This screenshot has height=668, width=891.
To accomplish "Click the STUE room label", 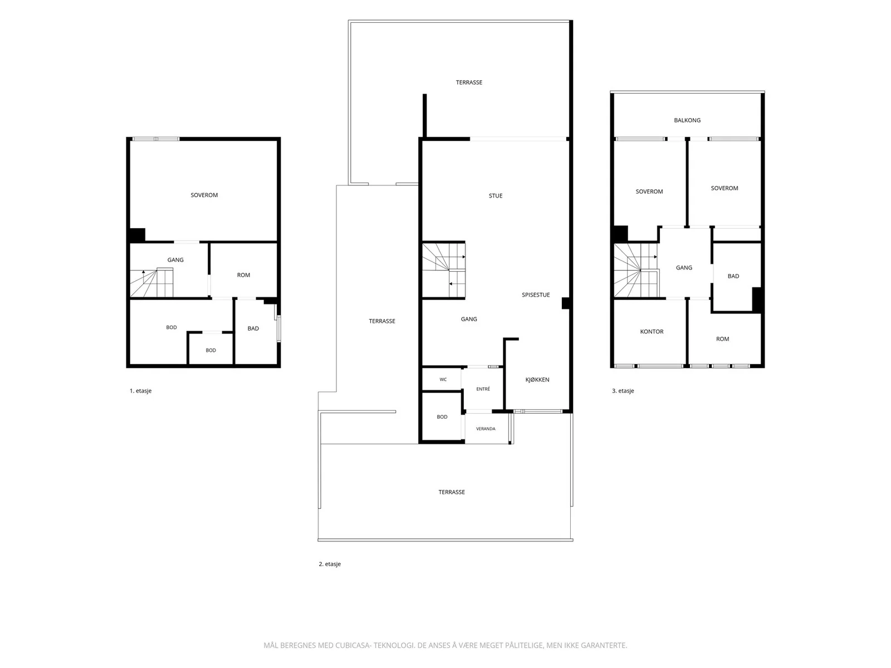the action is pyautogui.click(x=495, y=196).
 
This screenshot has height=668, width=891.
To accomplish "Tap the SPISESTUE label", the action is pyautogui.click(x=535, y=295).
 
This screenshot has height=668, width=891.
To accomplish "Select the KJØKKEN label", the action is pyautogui.click(x=537, y=380).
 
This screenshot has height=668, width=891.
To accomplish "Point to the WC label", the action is pyautogui.click(x=443, y=380).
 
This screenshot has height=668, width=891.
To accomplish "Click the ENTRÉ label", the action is pyautogui.click(x=483, y=389).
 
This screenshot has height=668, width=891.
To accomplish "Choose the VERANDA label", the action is pyautogui.click(x=486, y=429).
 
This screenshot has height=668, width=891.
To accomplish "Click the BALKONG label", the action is pyautogui.click(x=687, y=120).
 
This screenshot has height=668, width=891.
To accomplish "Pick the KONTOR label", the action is pyautogui.click(x=652, y=332).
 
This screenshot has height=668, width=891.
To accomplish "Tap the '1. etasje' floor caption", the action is pyautogui.click(x=140, y=391).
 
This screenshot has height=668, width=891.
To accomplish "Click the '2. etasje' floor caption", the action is pyautogui.click(x=330, y=564).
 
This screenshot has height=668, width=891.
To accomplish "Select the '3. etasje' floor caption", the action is pyautogui.click(x=623, y=391).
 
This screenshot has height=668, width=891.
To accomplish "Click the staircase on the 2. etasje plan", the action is pyautogui.click(x=444, y=270).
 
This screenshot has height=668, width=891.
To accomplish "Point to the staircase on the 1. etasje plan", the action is pyautogui.click(x=151, y=283).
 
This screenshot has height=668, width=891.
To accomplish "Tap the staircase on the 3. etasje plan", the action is pyautogui.click(x=636, y=270).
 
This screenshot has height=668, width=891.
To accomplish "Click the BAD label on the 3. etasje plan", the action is pyautogui.click(x=733, y=276).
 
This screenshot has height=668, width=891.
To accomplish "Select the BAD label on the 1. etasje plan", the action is pyautogui.click(x=253, y=328).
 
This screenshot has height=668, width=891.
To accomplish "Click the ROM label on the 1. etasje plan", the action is pyautogui.click(x=243, y=275).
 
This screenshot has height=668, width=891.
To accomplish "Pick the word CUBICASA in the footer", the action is pyautogui.click(x=353, y=645).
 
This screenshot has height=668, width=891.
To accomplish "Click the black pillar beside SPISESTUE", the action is pyautogui.click(x=565, y=303).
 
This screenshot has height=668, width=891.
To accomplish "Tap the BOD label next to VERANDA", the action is pyautogui.click(x=442, y=417).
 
